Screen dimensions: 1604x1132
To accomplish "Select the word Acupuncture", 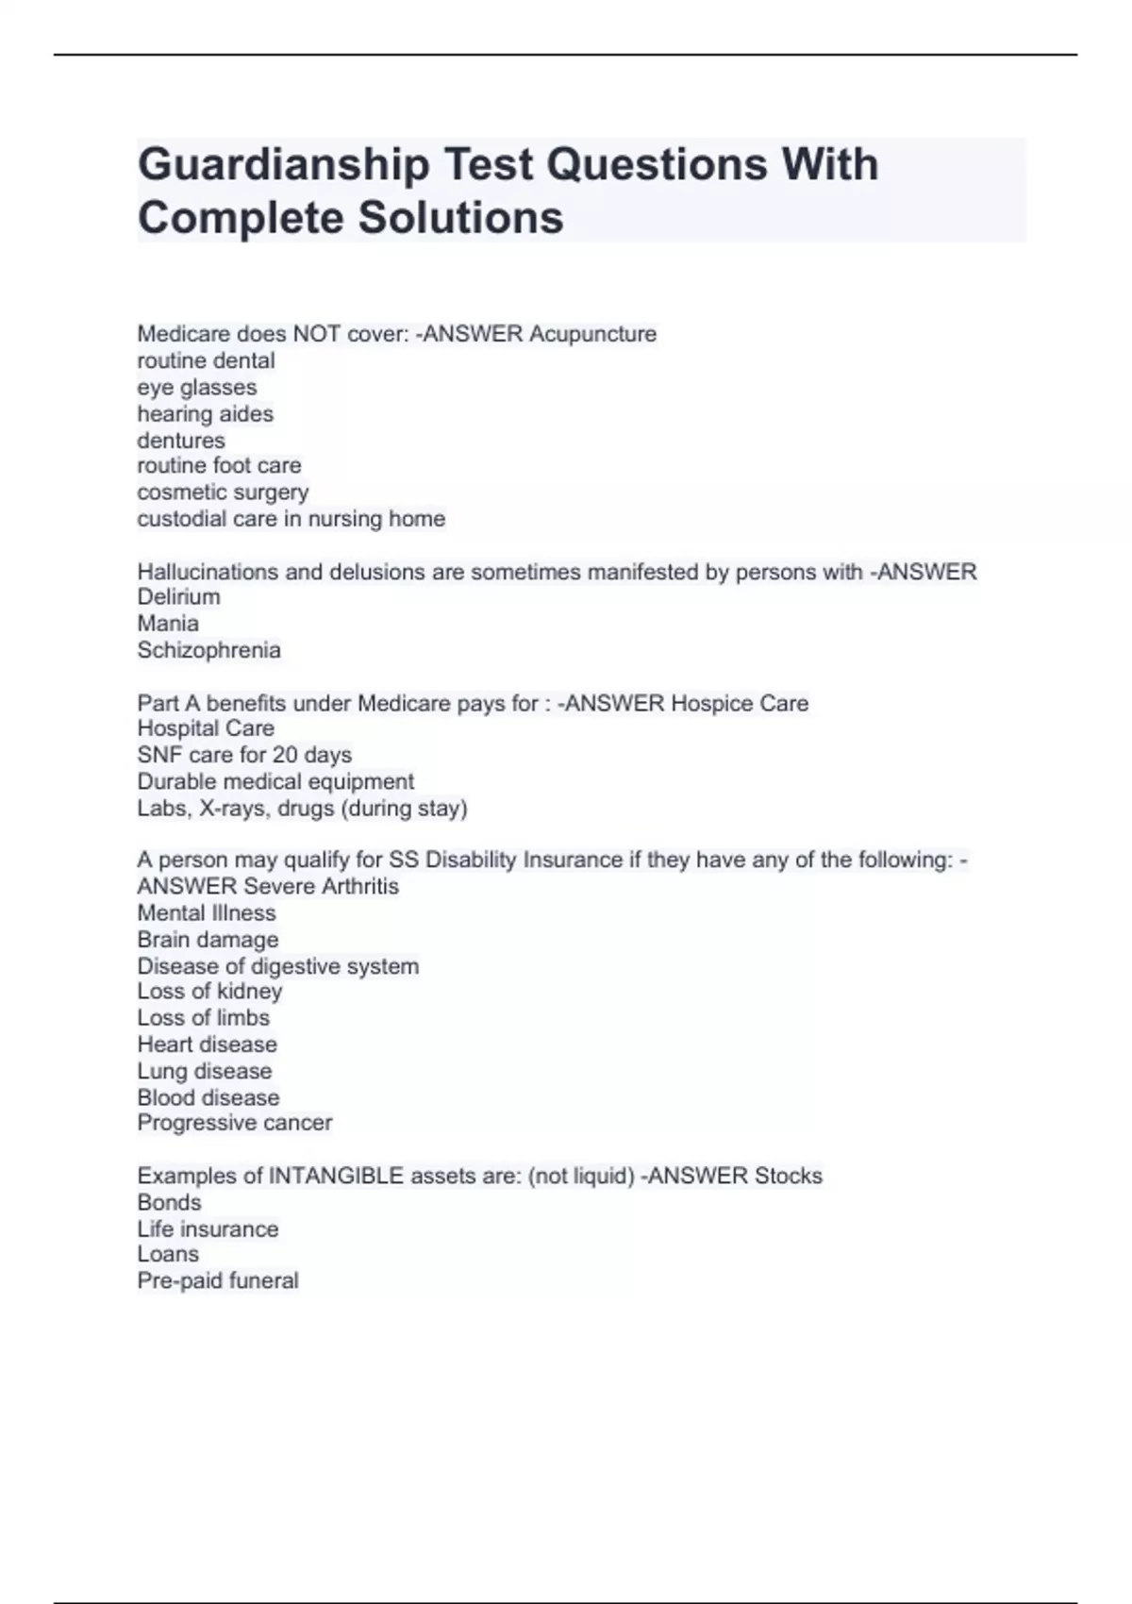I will [592, 334].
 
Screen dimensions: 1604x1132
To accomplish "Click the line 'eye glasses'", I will [196, 387].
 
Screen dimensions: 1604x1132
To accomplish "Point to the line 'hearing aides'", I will [205, 413].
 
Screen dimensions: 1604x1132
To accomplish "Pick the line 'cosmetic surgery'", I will [223, 492].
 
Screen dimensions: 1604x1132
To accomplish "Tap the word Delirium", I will [178, 596].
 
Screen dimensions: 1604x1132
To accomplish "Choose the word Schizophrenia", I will [208, 650].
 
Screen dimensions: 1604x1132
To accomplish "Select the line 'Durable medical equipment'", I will [275, 781].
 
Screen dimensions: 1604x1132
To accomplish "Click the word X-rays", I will [235, 808].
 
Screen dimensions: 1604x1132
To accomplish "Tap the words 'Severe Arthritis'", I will [321, 886].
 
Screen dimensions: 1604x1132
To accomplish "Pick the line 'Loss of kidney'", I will [209, 991].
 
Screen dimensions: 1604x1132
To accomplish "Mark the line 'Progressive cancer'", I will [234, 1123].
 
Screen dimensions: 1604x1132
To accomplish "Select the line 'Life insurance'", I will [208, 1228].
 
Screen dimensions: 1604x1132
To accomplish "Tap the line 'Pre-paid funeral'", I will [218, 1280].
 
